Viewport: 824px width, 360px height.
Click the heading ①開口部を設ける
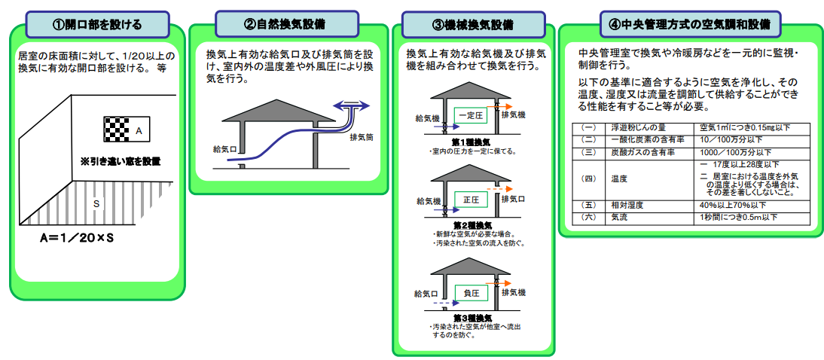[96, 23]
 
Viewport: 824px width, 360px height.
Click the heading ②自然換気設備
[284, 23]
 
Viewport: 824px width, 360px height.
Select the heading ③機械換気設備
[472, 24]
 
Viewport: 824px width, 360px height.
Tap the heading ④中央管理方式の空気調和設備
[689, 23]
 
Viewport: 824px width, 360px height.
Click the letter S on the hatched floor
[96, 203]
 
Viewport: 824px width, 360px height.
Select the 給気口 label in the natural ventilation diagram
[225, 149]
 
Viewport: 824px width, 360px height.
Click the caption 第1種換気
[472, 142]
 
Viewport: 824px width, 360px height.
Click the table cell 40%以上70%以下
[732, 205]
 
